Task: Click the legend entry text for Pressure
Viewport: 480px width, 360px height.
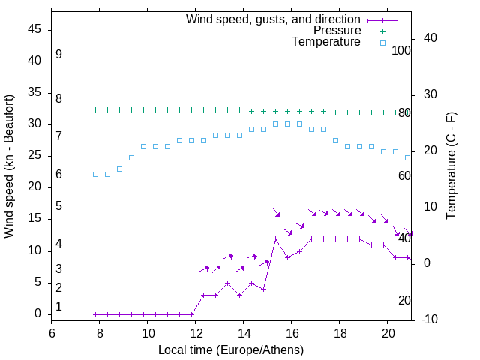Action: (337, 31)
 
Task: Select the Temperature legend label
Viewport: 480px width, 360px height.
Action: (326, 42)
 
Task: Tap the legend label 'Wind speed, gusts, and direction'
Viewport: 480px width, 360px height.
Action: (274, 19)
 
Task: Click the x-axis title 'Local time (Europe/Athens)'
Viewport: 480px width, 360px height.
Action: (231, 350)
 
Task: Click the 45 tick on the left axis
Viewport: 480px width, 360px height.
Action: (34, 30)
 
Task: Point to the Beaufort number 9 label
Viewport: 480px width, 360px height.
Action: (58, 55)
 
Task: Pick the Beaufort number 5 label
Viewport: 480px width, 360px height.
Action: (58, 206)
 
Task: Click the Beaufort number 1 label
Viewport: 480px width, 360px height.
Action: (58, 307)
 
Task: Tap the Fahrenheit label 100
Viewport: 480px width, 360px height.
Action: (402, 51)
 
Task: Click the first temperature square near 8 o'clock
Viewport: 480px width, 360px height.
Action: (95, 174)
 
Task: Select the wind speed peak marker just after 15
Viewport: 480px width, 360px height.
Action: (276, 239)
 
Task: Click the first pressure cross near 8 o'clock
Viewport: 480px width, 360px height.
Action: (95, 109)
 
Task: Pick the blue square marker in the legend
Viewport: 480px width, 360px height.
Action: (382, 43)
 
